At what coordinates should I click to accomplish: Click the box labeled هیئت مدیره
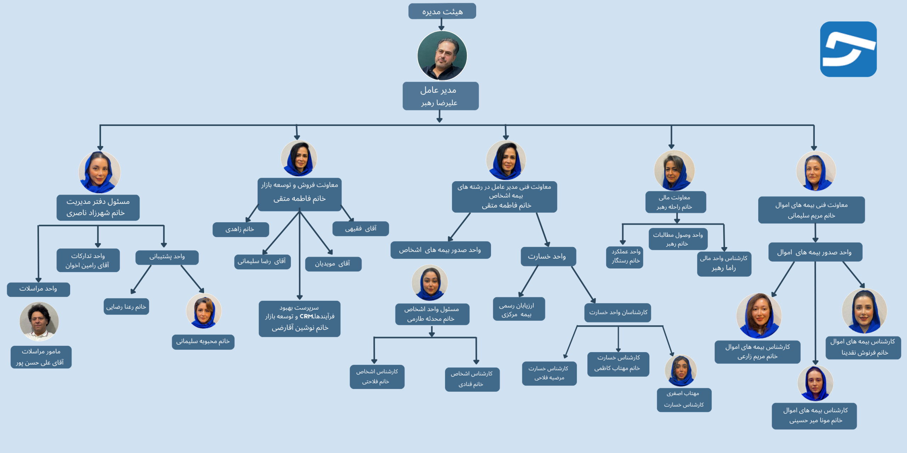coord(442,11)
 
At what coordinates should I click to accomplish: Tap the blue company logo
coord(848,49)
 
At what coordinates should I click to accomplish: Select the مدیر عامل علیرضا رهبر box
coord(440,96)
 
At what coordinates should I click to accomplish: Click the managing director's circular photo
coord(442,56)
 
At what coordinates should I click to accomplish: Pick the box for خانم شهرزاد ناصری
coord(98,207)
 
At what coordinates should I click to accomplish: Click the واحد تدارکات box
coord(88,260)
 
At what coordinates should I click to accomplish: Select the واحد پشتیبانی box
coord(167,257)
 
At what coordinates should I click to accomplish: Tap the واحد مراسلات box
coord(38,289)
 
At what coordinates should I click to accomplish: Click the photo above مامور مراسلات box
coord(39,321)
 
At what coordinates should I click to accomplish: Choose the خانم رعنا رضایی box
coord(126,306)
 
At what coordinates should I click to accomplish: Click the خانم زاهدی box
coord(240,229)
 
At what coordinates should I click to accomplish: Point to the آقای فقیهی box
coord(360,229)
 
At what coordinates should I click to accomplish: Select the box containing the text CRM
coord(299,319)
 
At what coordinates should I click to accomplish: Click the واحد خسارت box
coord(548,257)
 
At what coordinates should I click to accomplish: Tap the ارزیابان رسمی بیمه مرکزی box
coord(518,309)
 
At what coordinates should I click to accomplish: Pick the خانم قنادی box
coord(472,379)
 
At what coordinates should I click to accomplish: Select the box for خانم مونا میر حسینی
coord(814,416)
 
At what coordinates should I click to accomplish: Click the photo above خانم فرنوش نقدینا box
coord(864,311)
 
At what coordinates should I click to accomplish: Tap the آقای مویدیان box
coord(333,264)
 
